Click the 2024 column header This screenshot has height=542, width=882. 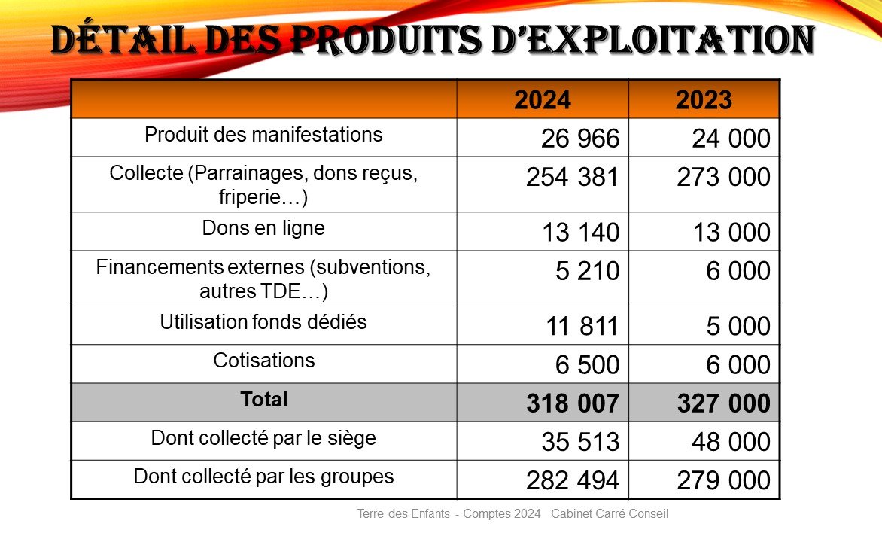[542, 100]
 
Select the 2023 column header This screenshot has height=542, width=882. [704, 100]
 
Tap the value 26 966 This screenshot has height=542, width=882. [579, 139]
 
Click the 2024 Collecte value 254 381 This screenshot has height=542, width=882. [572, 178]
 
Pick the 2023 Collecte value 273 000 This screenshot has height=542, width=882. [723, 178]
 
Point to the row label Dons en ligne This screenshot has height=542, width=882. [263, 228]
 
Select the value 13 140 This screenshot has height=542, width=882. [580, 233]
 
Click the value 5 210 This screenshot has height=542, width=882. [587, 271]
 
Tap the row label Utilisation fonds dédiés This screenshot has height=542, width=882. [263, 322]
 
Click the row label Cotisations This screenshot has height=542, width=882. [263, 360]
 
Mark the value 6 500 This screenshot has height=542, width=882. [587, 365]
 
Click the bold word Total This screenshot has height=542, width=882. [263, 400]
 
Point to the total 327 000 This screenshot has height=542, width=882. [723, 404]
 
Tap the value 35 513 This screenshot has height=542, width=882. [579, 443]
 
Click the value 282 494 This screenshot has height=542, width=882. [572, 481]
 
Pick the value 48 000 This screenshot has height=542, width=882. [730, 443]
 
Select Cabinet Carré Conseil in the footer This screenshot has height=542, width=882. [610, 515]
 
